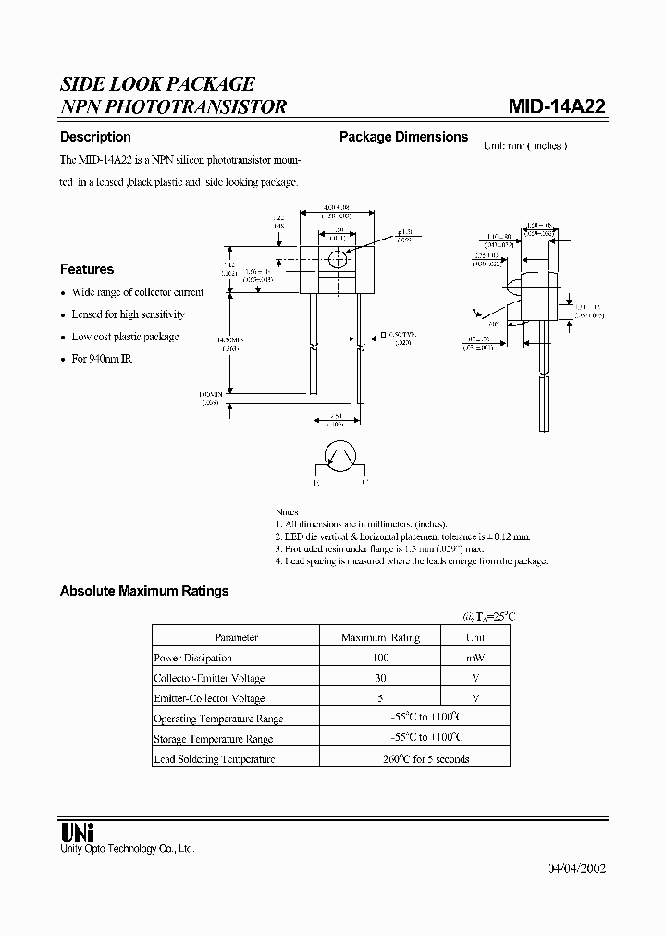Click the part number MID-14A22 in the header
click(557, 105)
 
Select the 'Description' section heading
click(95, 137)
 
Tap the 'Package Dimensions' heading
click(403, 137)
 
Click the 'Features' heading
click(87, 269)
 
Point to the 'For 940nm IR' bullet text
click(102, 358)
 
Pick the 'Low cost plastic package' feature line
click(125, 337)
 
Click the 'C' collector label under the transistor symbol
click(364, 482)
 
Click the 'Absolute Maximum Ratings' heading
click(144, 591)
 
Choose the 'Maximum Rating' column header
click(380, 637)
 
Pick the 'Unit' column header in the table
click(475, 637)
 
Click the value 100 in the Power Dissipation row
click(380, 658)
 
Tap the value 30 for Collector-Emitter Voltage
click(380, 678)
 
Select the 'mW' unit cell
click(475, 658)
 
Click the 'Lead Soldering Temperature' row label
click(215, 758)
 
